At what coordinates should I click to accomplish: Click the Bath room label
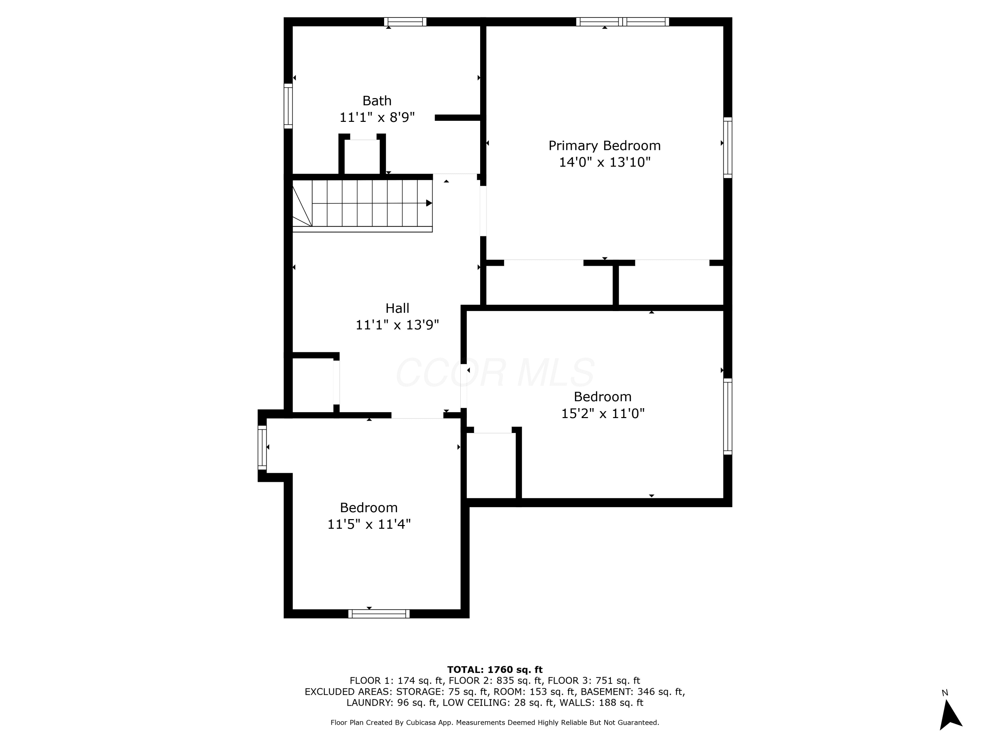tap(377, 101)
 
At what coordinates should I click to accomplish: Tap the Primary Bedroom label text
tap(605, 146)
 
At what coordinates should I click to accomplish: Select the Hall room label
tap(397, 308)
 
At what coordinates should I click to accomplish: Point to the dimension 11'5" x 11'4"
tap(369, 524)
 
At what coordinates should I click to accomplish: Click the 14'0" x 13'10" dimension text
tap(605, 162)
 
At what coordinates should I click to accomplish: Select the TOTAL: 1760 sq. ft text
tap(495, 670)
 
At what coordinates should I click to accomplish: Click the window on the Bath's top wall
tap(405, 22)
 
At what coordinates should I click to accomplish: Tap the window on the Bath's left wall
tap(288, 106)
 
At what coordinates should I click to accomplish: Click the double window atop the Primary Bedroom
tap(623, 22)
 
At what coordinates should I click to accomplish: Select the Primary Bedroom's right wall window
tap(728, 148)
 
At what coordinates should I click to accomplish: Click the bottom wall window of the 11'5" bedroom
tap(379, 614)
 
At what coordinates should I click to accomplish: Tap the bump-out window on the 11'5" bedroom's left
tap(262, 448)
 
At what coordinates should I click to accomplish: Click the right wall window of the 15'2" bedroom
tap(728, 416)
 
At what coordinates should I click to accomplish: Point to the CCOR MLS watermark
tap(495, 372)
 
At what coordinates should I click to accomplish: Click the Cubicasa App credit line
tap(495, 723)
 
